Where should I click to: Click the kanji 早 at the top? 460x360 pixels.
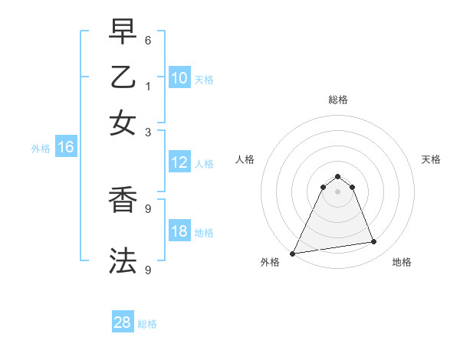coord(123,33)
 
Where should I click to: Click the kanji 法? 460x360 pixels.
coord(123,260)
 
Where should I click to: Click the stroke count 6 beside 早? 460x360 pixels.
coord(148,40)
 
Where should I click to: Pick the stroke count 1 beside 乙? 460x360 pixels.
coord(148,85)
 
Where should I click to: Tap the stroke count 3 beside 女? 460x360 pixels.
coord(148,131)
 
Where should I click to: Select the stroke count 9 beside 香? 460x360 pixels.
coord(148,208)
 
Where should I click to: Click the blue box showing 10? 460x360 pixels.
coord(179,77)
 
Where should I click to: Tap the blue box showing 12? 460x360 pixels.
coord(179,162)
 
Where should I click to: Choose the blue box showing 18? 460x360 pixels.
coord(179,231)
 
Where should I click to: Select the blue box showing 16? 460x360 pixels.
coord(65,147)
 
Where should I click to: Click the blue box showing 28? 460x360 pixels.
coord(123,322)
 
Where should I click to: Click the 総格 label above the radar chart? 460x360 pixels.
coord(337,100)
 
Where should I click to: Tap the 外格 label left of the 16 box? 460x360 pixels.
coord(40,149)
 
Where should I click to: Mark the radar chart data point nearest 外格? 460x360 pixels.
coord(293,254)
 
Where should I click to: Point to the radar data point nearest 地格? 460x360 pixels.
coord(374,242)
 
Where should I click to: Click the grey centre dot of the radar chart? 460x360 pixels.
coord(337,191)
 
